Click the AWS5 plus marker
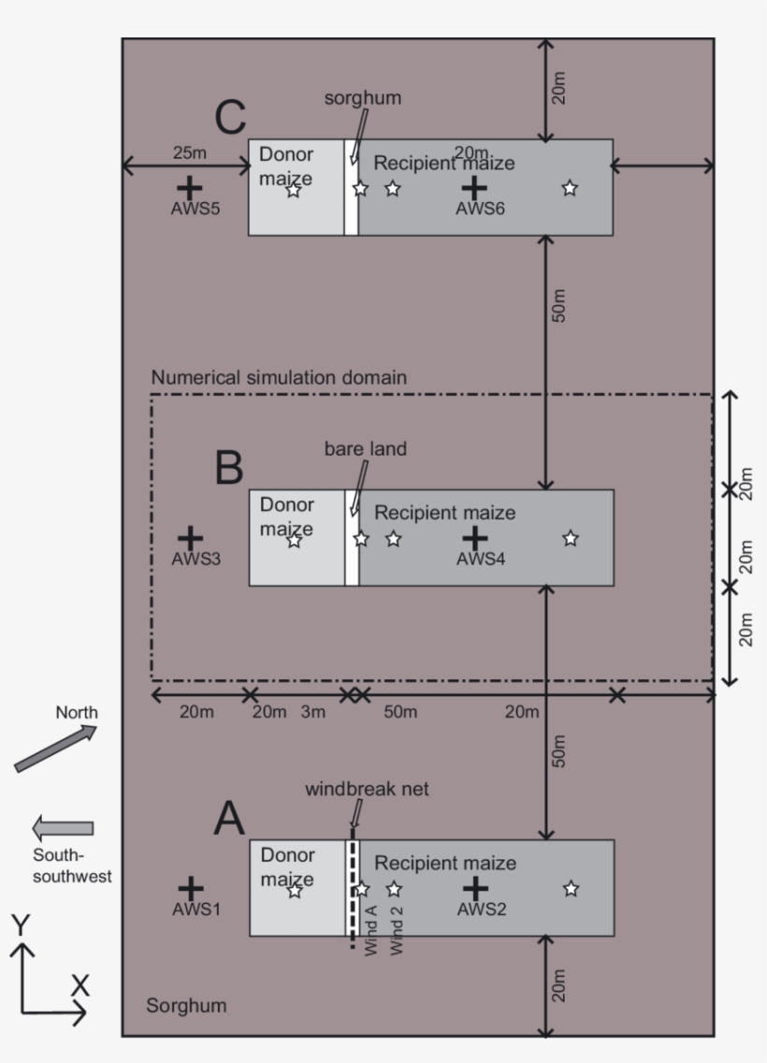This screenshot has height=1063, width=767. click(x=190, y=186)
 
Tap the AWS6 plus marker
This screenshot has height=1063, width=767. click(x=475, y=186)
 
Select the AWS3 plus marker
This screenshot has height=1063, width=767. click(x=190, y=537)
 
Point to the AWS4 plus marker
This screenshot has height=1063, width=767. click(x=475, y=537)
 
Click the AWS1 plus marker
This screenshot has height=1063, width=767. click(x=190, y=888)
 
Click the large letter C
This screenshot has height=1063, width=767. click(x=230, y=119)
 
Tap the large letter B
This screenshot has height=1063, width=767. click(x=229, y=468)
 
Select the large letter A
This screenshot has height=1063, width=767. click(x=229, y=820)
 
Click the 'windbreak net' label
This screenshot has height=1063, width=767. click(x=367, y=790)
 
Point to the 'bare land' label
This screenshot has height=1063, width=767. click(x=366, y=449)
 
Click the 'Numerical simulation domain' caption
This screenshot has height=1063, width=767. click(x=279, y=379)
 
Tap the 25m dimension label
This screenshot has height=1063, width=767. click(x=191, y=152)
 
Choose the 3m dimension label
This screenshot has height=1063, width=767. click(x=313, y=713)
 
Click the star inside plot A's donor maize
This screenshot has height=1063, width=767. click(x=295, y=890)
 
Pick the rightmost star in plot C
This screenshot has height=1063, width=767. click(x=570, y=188)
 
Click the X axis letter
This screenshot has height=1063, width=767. click(x=80, y=985)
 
